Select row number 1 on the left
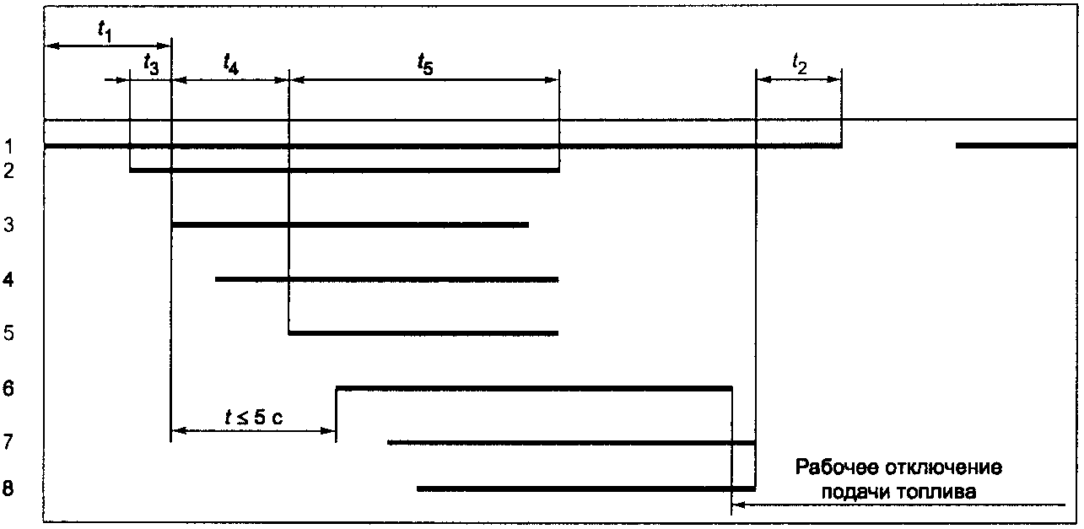pyautogui.click(x=9, y=148)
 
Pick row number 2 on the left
pyautogui.click(x=9, y=171)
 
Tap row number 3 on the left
pyautogui.click(x=9, y=225)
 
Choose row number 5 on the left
pyautogui.click(x=9, y=333)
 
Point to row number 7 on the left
pyautogui.click(x=9, y=442)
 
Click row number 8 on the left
pyautogui.click(x=9, y=489)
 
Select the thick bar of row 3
pyautogui.click(x=350, y=225)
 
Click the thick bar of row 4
pyautogui.click(x=387, y=279)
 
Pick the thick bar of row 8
pyautogui.click(x=585, y=489)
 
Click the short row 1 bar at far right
pyautogui.click(x=1017, y=146)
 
